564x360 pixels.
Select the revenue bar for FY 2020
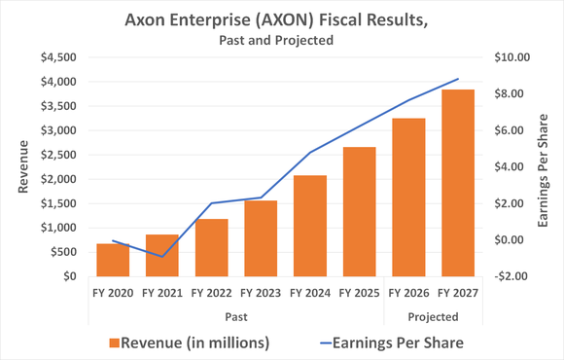pos(113,260)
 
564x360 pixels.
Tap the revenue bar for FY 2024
pos(309,226)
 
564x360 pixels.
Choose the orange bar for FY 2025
pos(359,212)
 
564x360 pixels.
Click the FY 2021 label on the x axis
pos(162,292)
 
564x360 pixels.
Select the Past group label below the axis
pos(236,316)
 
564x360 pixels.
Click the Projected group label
pos(433,316)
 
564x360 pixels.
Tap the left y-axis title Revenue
pos(22,166)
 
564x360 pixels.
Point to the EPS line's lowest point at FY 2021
pos(162,257)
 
